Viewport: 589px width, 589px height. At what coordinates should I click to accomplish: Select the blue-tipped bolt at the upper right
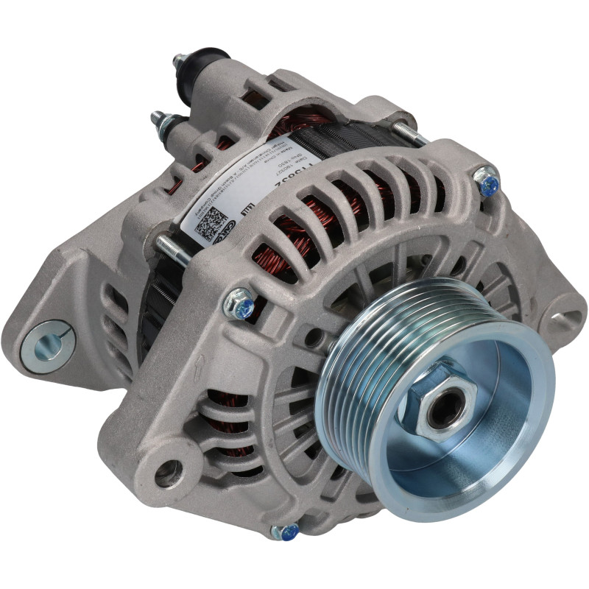point(487,181)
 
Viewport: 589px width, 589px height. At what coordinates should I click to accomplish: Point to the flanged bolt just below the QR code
point(240,304)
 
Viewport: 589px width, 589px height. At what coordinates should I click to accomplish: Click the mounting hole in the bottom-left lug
point(170,472)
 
